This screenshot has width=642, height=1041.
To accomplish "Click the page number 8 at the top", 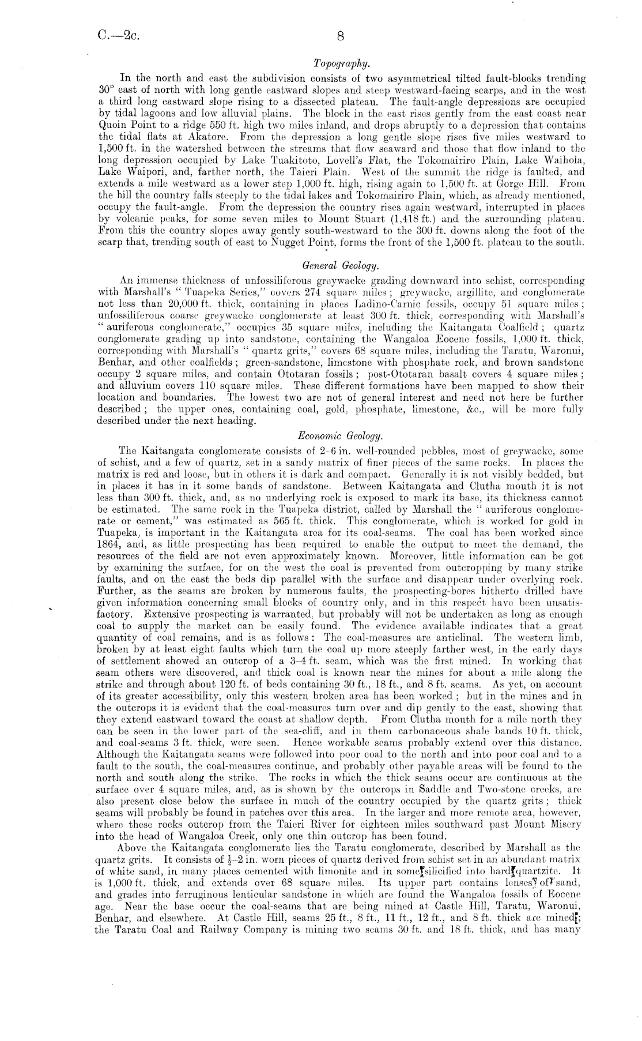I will (x=340, y=36).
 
